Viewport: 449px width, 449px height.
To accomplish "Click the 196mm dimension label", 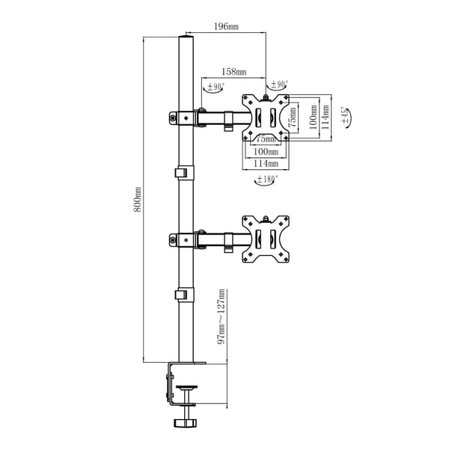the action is [226, 27].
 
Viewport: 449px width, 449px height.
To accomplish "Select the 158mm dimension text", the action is [234, 72].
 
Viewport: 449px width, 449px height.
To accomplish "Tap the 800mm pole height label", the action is [138, 199].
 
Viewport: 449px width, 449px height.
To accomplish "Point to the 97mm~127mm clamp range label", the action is [222, 317].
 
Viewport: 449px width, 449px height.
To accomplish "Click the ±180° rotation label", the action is [267, 180].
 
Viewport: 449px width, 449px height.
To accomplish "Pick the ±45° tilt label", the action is [346, 116].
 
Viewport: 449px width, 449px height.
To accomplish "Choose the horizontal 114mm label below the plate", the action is [266, 163].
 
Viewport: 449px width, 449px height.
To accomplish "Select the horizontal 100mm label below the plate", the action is [266, 151].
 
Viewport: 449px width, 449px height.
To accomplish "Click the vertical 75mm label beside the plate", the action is [292, 117].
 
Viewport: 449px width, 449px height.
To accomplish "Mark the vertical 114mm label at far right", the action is [326, 117].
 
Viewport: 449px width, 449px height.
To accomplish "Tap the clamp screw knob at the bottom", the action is [186, 423].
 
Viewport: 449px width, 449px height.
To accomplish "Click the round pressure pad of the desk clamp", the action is [186, 388].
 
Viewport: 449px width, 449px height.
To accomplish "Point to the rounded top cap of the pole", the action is [186, 37].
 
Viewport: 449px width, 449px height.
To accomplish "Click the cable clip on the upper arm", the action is [228, 121].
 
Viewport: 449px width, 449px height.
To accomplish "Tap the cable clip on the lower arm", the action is [228, 242].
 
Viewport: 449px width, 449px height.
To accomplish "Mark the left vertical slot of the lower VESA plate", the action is [258, 239].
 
